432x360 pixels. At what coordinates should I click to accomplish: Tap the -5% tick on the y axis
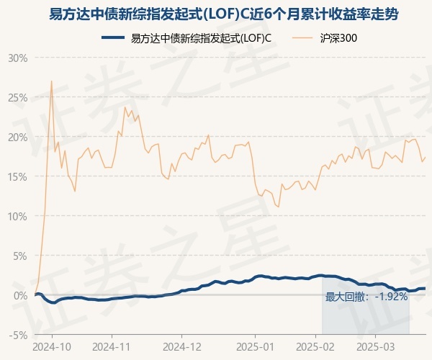pos(17,335)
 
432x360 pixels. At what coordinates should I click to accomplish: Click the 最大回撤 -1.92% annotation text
pos(366,297)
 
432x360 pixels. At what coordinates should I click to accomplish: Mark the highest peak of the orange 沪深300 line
pos(51,81)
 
